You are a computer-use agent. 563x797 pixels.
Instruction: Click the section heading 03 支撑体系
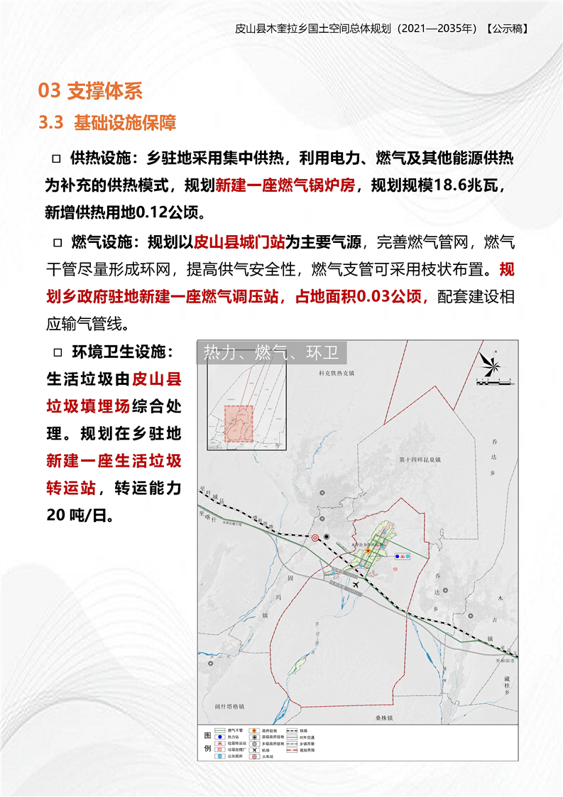point(91,90)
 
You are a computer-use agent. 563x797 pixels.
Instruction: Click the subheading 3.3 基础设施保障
point(108,122)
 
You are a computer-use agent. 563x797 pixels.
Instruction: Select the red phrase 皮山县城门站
point(239,242)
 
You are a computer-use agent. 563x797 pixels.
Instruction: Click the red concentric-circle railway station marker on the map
point(315,538)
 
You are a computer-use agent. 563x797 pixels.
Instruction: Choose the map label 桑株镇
point(384,718)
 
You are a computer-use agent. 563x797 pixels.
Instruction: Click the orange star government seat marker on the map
point(368,551)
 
